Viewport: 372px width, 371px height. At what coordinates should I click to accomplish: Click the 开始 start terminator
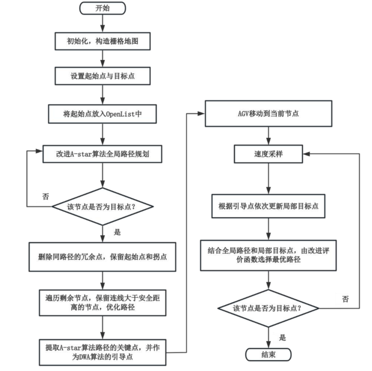point(103,8)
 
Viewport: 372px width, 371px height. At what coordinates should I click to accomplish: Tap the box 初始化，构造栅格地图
point(103,41)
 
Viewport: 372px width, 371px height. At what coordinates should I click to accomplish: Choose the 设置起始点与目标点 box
point(103,76)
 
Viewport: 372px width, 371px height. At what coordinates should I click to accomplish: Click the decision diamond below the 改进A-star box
point(103,206)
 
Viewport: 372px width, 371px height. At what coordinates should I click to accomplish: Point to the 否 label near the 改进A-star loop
point(45,196)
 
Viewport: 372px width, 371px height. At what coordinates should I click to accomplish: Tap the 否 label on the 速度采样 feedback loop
point(345,298)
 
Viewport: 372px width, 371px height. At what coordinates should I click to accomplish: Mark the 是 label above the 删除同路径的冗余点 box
point(117,233)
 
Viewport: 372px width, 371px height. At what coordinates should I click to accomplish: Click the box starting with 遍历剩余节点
point(103,302)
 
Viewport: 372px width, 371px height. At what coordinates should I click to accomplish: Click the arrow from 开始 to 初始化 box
point(103,23)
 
